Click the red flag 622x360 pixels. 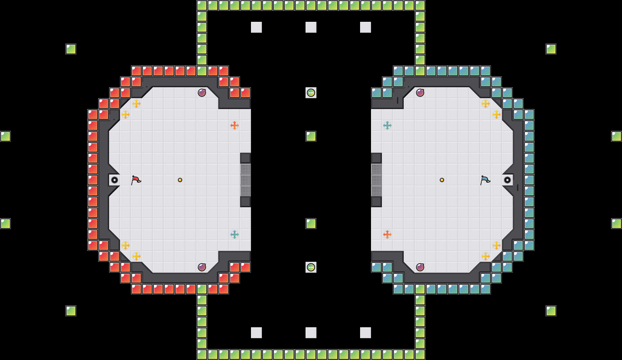tap(136, 180)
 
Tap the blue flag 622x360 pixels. tap(485, 180)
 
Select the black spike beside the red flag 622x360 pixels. tap(115, 180)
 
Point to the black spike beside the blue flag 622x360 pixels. tap(507, 180)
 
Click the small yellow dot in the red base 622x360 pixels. tap(180, 180)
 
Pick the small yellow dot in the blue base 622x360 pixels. tap(442, 180)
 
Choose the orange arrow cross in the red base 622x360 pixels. tap(235, 125)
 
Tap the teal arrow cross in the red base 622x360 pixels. tap(235, 235)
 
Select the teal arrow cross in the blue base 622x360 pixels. tap(387, 125)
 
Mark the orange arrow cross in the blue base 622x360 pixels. tap(387, 235)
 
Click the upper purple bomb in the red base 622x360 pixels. tap(202, 93)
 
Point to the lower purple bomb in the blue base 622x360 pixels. tap(420, 267)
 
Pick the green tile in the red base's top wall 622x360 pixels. tap(202, 71)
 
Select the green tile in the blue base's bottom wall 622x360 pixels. tap(420, 289)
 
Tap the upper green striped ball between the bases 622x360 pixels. tap(311, 93)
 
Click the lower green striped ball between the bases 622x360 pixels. tap(311, 267)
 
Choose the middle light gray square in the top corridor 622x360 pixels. tap(311, 27)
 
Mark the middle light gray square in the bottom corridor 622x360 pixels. tap(311, 333)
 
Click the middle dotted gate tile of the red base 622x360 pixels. tap(246, 180)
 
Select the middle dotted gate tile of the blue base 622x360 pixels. tap(376, 180)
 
